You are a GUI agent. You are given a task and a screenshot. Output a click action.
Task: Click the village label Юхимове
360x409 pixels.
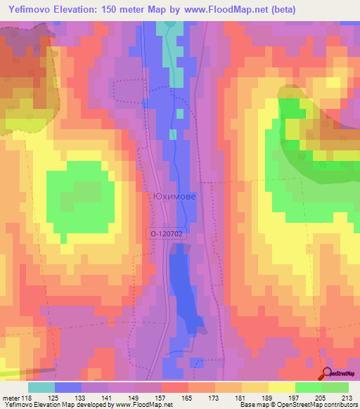(x=174, y=198)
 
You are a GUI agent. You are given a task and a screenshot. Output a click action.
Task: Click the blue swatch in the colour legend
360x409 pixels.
(x=68, y=387)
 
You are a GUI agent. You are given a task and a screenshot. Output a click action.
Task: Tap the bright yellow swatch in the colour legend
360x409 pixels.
(x=281, y=387)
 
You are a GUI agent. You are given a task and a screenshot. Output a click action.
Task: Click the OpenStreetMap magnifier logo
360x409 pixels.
(x=327, y=374)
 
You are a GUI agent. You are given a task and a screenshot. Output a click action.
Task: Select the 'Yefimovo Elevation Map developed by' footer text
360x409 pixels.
(x=56, y=405)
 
